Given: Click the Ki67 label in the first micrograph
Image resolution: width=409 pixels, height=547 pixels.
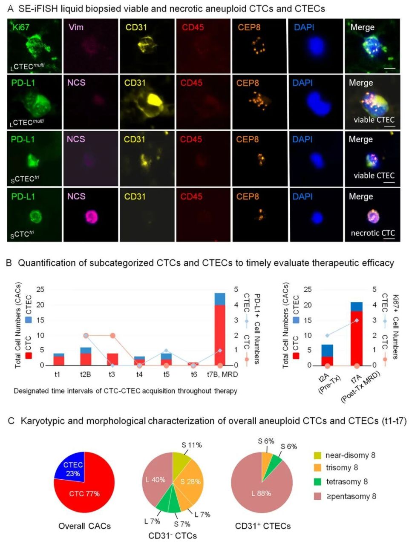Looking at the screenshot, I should tap(21, 28).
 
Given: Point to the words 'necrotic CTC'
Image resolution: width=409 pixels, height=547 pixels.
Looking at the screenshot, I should tap(373, 233).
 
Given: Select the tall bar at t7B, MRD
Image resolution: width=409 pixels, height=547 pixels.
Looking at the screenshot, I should tap(220, 332).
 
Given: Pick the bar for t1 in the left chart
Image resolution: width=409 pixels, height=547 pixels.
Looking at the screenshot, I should tap(59, 360).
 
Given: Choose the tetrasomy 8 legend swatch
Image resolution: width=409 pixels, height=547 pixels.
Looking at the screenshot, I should tap(317, 482).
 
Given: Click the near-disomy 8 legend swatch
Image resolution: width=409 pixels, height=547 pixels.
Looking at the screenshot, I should tap(317, 455).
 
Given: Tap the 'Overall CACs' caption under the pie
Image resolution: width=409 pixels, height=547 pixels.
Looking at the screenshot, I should tap(84, 526).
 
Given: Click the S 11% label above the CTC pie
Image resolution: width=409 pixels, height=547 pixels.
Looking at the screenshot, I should tap(192, 445).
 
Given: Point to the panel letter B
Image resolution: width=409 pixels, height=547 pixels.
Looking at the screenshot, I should tap(9, 263).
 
